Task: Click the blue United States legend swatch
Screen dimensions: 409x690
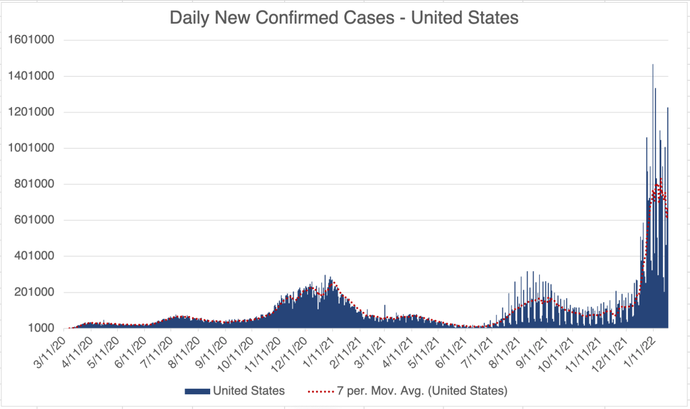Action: [196, 390]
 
